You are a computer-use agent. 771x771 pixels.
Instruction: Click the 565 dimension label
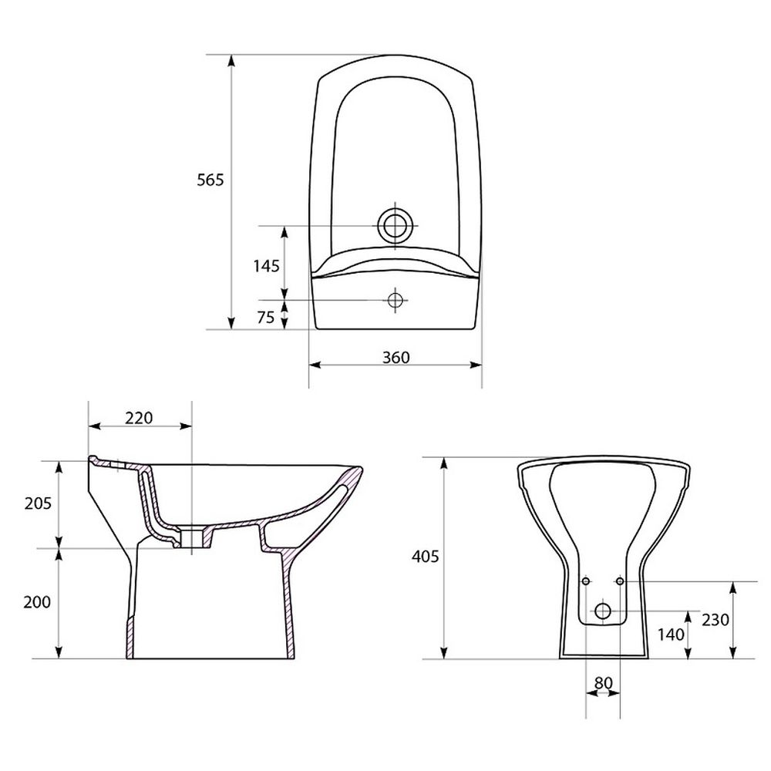(x=210, y=180)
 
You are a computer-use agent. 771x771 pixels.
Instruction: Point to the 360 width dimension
(x=396, y=358)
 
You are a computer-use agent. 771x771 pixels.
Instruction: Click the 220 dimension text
(x=139, y=418)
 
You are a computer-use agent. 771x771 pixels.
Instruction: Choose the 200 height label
(x=37, y=602)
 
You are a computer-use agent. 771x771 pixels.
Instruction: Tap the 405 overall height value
(x=425, y=557)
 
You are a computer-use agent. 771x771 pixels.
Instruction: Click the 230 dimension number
(x=715, y=620)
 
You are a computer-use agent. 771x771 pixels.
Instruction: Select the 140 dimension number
(x=672, y=635)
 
